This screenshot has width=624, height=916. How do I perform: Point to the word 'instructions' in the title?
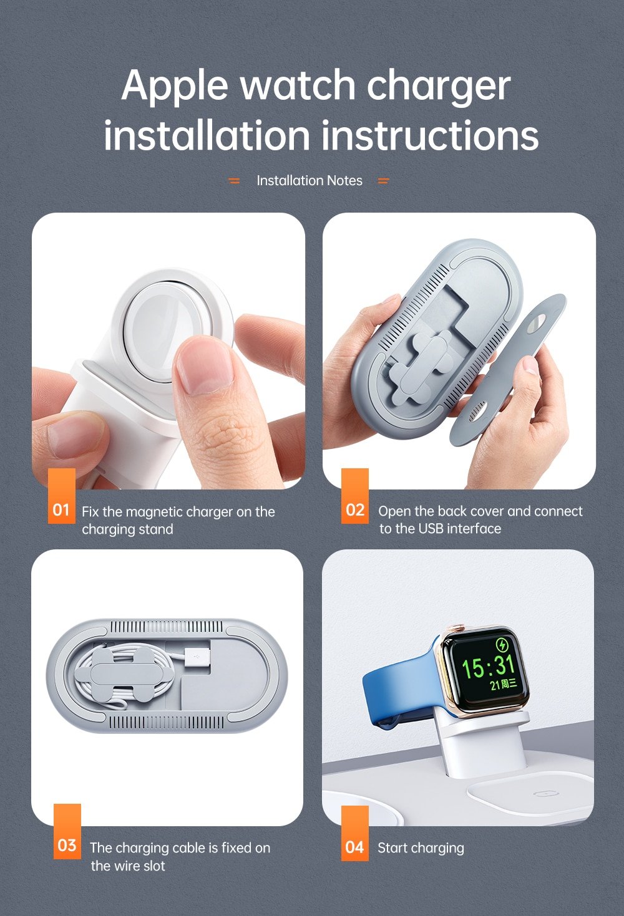pos(430,136)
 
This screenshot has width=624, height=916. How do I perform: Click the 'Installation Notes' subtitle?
pos(310,181)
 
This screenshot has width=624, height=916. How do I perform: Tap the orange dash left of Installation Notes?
pos(234,181)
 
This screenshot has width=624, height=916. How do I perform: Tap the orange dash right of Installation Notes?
pos(383,181)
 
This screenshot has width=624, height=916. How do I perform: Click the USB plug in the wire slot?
pos(198,660)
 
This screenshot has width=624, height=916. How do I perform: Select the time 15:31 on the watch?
pos(488,666)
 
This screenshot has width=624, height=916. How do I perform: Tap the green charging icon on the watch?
pos(502,645)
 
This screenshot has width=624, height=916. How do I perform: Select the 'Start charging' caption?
pos(421,848)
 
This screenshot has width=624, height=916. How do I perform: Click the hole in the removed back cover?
pos(537,325)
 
